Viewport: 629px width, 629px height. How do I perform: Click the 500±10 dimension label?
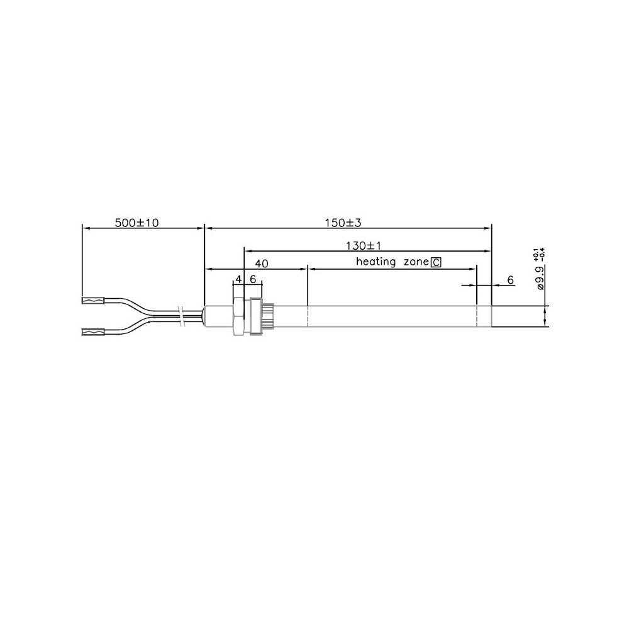[x=136, y=222]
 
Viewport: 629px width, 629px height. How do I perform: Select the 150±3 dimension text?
[x=343, y=222]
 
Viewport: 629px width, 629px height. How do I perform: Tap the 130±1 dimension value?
[x=364, y=245]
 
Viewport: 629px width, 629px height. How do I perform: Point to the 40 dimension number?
[x=262, y=264]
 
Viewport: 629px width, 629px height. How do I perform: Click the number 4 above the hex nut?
[x=238, y=279]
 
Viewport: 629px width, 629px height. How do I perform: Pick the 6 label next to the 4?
[x=253, y=279]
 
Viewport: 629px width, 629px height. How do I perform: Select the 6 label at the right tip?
[x=510, y=280]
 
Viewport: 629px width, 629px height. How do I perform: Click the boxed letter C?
[x=436, y=263]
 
